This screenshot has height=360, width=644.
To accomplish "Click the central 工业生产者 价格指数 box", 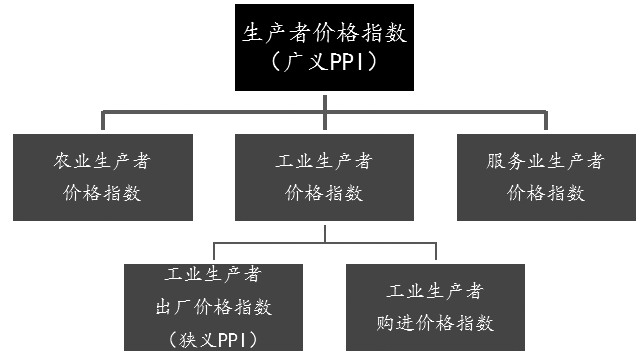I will point(323,176).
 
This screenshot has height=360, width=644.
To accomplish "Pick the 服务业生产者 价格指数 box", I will point(545,176).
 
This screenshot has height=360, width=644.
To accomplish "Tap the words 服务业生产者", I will point(545,161).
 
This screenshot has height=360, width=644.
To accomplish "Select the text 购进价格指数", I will point(435,323).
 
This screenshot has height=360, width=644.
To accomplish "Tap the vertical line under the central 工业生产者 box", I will point(323,232).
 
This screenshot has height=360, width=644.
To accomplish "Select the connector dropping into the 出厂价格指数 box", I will point(214,253).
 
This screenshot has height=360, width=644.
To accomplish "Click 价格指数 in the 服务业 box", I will point(545,193).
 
